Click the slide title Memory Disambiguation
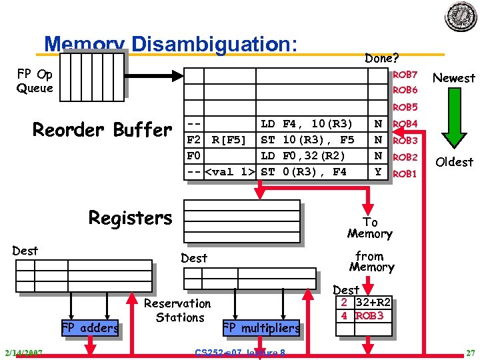[x=170, y=45]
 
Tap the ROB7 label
[x=405, y=74]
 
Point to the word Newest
[x=453, y=78]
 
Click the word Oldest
[x=453, y=162]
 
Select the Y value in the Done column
[x=378, y=172]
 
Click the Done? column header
[x=381, y=58]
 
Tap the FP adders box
[x=90, y=327]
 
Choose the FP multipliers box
[x=261, y=328]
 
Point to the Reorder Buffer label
[x=102, y=129]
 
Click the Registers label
[x=130, y=218]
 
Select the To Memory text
[x=369, y=228]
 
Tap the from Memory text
[x=371, y=261]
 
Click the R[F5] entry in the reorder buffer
[x=229, y=140]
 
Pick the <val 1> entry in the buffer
[x=229, y=172]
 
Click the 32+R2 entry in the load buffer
[x=373, y=303]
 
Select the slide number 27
[x=470, y=352]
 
